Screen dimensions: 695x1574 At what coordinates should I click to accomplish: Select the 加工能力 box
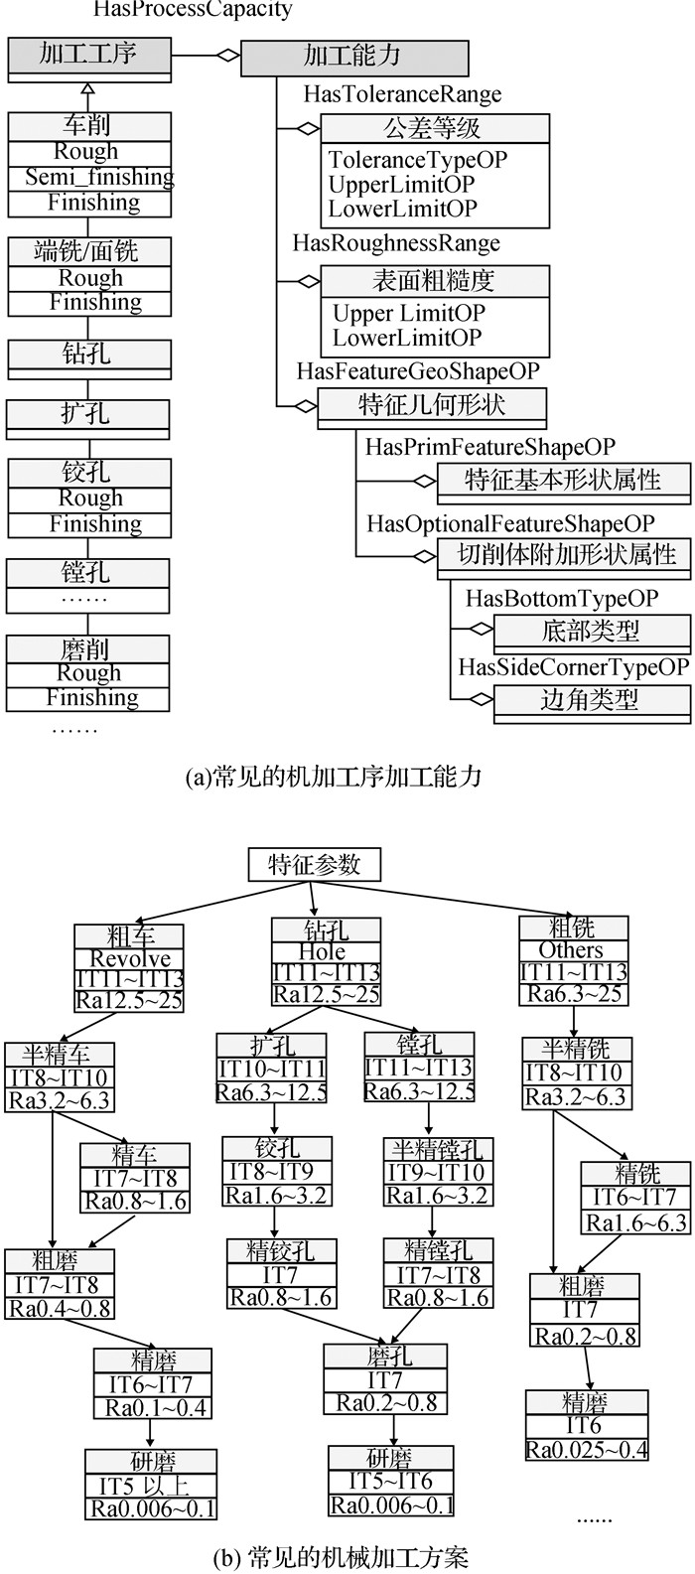coord(354,58)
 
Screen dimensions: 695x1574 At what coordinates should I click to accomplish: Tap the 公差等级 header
coord(434,128)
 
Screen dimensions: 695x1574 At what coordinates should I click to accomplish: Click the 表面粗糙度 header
coord(434,281)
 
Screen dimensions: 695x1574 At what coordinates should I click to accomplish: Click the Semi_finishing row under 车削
coord(99,177)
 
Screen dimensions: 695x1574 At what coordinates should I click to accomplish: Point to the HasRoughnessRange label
coord(396,243)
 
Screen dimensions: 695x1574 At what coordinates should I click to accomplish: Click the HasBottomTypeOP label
coord(562,599)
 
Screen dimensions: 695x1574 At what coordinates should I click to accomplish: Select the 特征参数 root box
coord(314,864)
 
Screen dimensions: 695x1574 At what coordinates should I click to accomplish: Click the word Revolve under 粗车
coord(131,959)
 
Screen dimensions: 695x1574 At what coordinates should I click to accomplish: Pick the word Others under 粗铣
coord(571,950)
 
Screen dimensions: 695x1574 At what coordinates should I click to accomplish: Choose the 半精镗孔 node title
coord(437,1150)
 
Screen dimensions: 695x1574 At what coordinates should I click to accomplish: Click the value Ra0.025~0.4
coord(587,1449)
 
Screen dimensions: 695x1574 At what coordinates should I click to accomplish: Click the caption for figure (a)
coord(333,778)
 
